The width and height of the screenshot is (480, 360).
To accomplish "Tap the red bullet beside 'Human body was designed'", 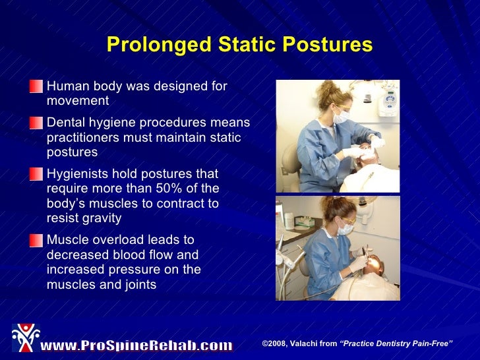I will (x=37, y=87).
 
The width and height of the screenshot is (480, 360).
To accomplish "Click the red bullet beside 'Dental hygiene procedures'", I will (x=37, y=123).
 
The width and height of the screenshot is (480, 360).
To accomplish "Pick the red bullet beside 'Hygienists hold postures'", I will (x=37, y=174).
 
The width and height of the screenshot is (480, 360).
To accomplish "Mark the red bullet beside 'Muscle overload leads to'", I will (x=37, y=241).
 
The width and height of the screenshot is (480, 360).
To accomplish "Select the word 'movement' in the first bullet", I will (x=77, y=102).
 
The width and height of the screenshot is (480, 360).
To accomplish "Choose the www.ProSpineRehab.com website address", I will (x=136, y=345).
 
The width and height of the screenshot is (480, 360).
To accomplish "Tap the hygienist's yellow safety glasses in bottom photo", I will (x=348, y=220).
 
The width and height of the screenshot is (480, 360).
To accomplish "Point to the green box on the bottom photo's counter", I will (x=288, y=217).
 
